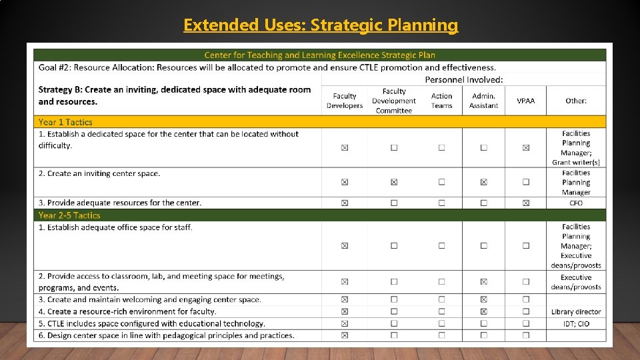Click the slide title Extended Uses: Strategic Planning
(321, 25)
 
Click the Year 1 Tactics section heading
(65, 122)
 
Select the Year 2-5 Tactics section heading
(69, 215)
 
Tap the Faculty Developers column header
(345, 101)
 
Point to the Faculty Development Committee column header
(394, 101)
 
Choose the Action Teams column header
(441, 101)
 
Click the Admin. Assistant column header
(483, 101)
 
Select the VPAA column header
(525, 101)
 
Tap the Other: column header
(576, 101)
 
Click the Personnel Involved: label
(464, 79)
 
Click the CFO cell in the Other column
(576, 203)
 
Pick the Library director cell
(576, 311)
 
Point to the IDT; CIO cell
(576, 323)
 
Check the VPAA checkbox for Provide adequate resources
(525, 203)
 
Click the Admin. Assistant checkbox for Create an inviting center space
(483, 181)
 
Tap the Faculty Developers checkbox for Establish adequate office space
(345, 245)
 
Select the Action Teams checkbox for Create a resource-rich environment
(441, 311)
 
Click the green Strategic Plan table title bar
(320, 55)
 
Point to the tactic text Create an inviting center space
(103, 173)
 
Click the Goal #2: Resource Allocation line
(267, 67)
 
